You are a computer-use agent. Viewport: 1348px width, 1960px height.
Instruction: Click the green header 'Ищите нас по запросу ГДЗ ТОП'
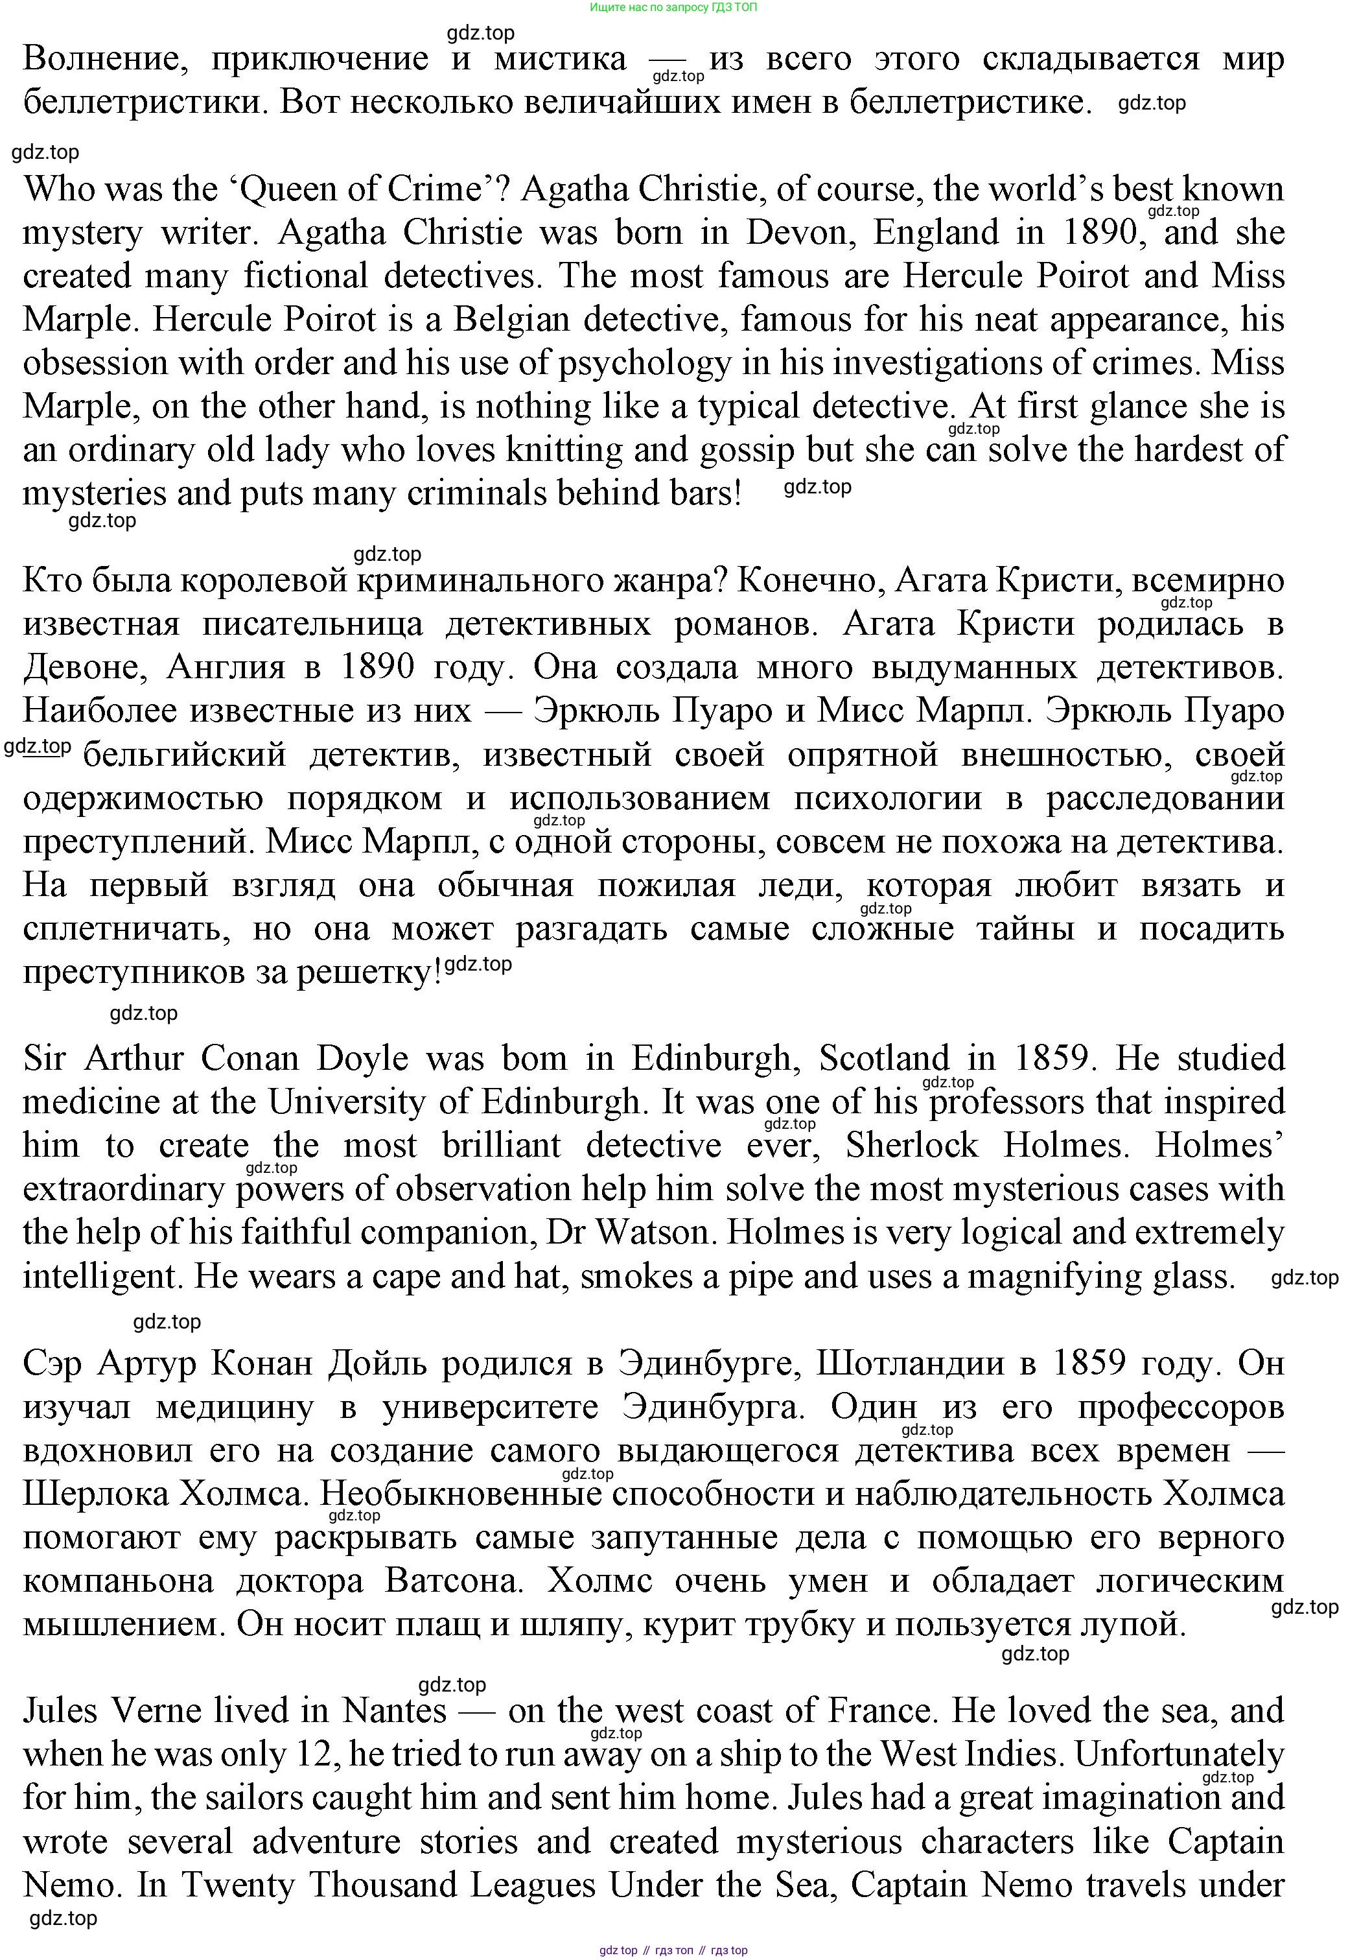point(673,6)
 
